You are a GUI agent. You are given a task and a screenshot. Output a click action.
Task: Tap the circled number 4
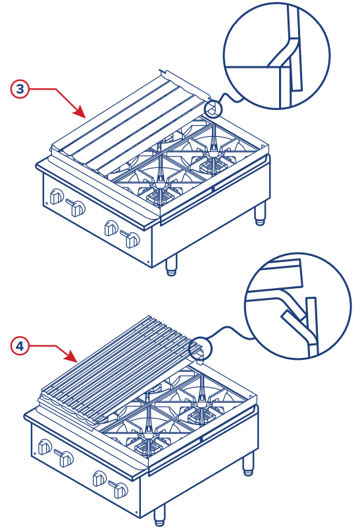pyautogui.click(x=20, y=345)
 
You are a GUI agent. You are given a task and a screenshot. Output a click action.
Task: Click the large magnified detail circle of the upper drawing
pyautogui.click(x=276, y=56)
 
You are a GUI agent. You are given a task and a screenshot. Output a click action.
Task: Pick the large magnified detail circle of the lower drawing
pyautogui.click(x=297, y=307)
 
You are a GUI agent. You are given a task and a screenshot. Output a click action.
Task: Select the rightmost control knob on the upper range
pyautogui.click(x=132, y=240)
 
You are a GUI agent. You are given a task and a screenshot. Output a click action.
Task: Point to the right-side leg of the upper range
pyautogui.click(x=261, y=213)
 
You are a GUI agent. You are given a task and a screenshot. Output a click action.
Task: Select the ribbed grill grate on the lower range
pyautogui.click(x=118, y=368)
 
